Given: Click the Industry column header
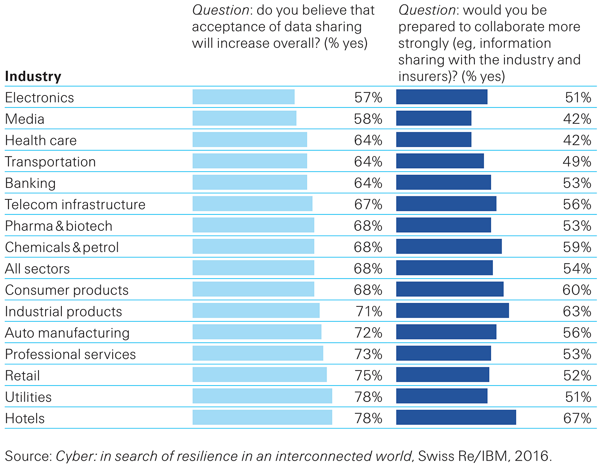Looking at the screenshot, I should (33, 76).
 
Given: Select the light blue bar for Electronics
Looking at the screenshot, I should (244, 97).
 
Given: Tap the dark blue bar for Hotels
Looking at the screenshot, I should (456, 417).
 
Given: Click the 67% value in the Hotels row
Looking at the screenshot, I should (577, 418).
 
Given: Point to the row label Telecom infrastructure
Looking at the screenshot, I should (75, 205).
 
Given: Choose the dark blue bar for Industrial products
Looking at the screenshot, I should (452, 310).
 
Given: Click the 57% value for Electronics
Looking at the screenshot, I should (368, 98).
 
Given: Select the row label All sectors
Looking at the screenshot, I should (38, 269).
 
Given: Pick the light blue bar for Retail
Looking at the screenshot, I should (259, 374).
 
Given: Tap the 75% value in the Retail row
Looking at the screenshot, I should (368, 376).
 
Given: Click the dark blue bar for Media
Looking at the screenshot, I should (434, 118).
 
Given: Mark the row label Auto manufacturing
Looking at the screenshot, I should (67, 333).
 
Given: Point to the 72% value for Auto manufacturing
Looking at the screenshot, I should (368, 333).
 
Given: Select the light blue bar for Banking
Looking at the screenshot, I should (250, 182).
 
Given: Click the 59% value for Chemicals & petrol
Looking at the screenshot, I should (577, 247).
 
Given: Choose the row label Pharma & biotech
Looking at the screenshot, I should (59, 226).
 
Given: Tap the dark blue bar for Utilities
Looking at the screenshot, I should (442, 396).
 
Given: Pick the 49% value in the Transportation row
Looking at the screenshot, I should (577, 162).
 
